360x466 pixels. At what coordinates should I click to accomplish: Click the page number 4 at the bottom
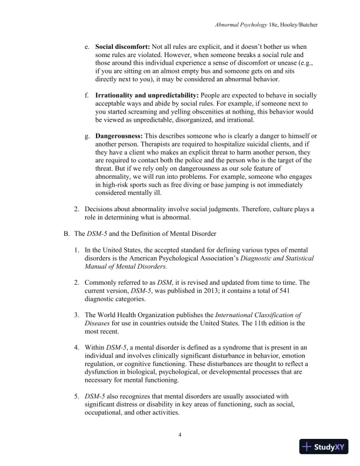tap(180, 435)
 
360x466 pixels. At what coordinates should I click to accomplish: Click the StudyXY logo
tap(325, 447)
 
